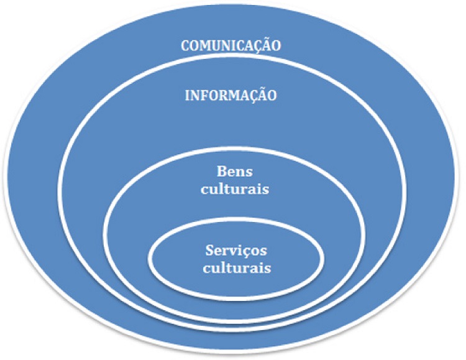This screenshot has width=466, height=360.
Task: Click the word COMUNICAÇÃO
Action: [x=231, y=46]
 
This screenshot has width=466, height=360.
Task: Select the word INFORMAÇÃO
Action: [x=231, y=96]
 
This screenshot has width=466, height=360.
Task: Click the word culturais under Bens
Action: [x=235, y=189]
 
